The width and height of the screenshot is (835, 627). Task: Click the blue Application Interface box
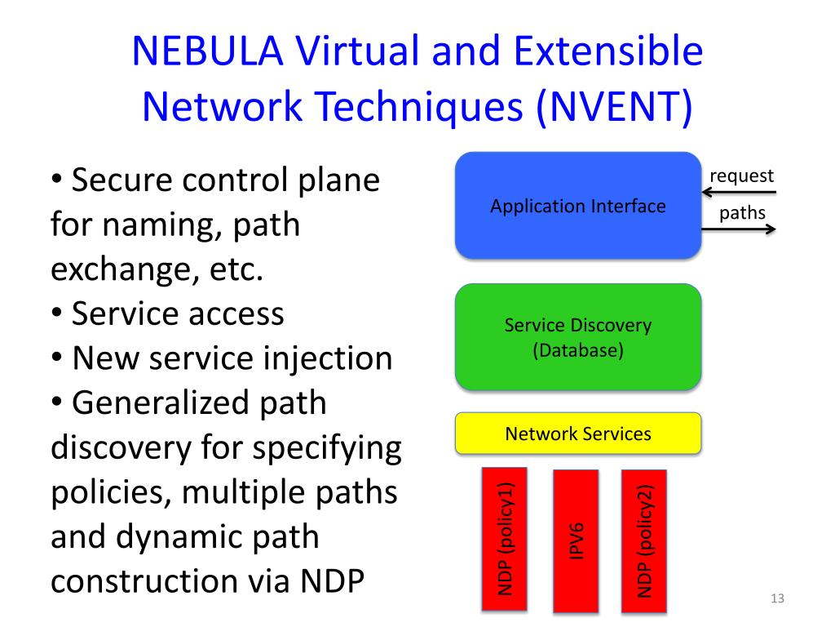coord(577,206)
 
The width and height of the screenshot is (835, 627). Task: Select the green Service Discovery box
coord(577,336)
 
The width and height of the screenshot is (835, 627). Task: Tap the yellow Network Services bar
coord(577,433)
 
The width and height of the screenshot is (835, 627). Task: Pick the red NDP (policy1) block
coord(505,539)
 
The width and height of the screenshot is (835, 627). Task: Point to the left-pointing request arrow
coord(739,193)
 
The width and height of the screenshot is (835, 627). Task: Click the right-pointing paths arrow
coord(739,229)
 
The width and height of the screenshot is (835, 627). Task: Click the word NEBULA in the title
coord(206,53)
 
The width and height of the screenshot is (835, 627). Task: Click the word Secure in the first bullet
coord(121,180)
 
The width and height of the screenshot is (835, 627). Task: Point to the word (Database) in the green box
coord(577,352)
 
